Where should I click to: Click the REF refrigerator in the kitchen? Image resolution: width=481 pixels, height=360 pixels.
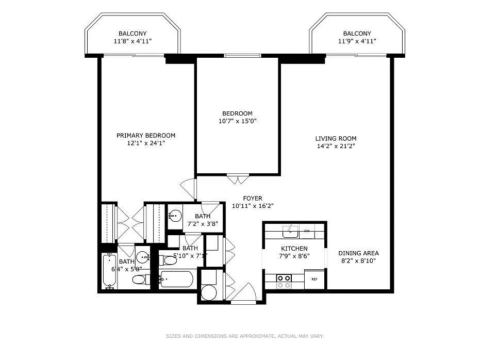coord(314,280)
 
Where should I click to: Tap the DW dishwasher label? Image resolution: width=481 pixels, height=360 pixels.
coord(307,231)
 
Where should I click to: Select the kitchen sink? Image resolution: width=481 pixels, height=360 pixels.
coord(290,230)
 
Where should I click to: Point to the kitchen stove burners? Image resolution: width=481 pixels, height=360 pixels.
coord(284,281)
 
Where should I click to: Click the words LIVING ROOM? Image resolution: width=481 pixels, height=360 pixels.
coord(336,138)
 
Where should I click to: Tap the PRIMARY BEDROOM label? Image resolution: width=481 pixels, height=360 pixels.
coord(146,136)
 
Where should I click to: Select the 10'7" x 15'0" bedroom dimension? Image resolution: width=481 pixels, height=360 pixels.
coord(237,121)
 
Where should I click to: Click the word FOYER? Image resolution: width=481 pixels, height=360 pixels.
coord(253,198)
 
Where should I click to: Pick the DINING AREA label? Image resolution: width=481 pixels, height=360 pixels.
coord(358,253)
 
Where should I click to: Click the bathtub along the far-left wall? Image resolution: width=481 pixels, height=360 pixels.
coord(109,271)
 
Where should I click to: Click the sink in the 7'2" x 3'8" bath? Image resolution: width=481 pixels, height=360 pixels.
coord(175,214)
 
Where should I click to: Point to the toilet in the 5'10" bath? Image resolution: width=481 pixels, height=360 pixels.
coord(168,260)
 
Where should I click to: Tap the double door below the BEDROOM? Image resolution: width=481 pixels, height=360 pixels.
coord(237,180)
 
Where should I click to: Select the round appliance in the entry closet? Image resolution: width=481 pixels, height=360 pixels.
coord(209,292)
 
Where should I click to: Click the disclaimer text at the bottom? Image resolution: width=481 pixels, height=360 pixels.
coord(244,336)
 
